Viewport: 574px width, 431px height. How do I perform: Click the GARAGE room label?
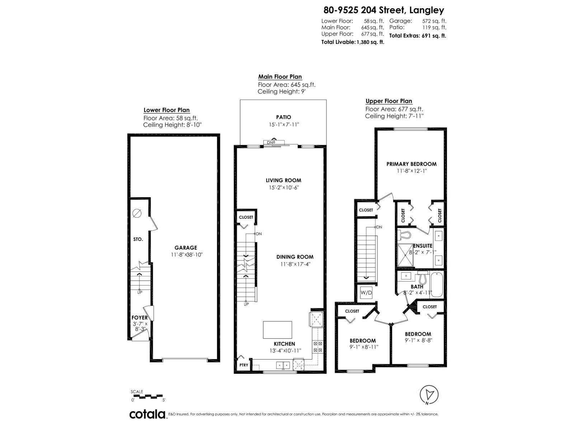[186, 247]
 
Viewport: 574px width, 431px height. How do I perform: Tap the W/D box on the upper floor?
[366, 293]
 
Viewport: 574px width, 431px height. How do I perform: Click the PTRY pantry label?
[244, 365]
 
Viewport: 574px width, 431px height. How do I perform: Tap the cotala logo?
[147, 414]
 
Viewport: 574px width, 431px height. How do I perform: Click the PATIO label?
[283, 117]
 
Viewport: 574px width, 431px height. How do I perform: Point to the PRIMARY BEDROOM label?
[411, 164]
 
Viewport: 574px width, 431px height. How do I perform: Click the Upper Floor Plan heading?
[389, 101]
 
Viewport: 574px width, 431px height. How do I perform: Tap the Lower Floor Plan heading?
[166, 110]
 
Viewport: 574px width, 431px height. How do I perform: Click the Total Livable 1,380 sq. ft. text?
[352, 42]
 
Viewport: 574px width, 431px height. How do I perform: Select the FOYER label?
[139, 318]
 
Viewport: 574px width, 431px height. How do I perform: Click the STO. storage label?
[138, 239]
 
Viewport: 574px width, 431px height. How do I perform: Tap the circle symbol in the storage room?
[137, 213]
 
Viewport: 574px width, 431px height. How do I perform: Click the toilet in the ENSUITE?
[405, 234]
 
